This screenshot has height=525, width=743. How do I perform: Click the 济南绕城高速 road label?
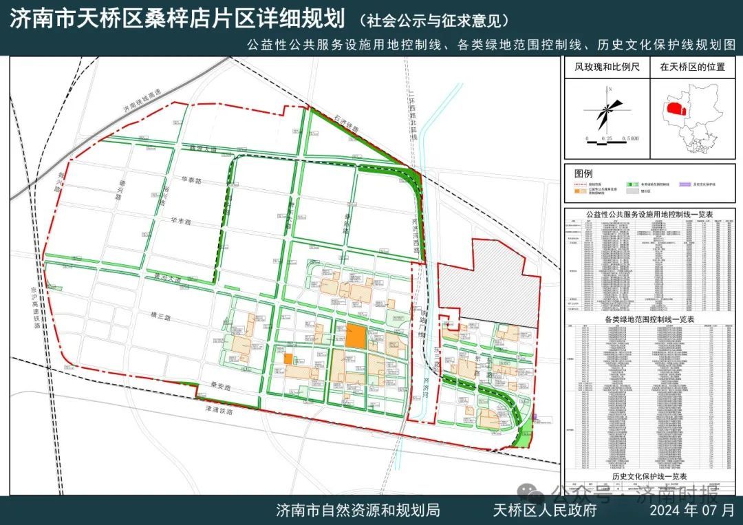tap(138, 100)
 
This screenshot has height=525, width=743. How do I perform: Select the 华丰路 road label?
tap(180, 222)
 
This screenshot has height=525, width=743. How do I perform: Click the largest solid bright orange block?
tap(356, 336)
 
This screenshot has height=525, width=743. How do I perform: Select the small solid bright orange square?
tap(288, 358)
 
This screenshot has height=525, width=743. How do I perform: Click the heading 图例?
tap(583, 173)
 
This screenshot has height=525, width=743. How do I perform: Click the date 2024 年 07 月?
tap(696, 510)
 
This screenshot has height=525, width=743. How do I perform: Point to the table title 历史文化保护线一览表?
tap(650, 476)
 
